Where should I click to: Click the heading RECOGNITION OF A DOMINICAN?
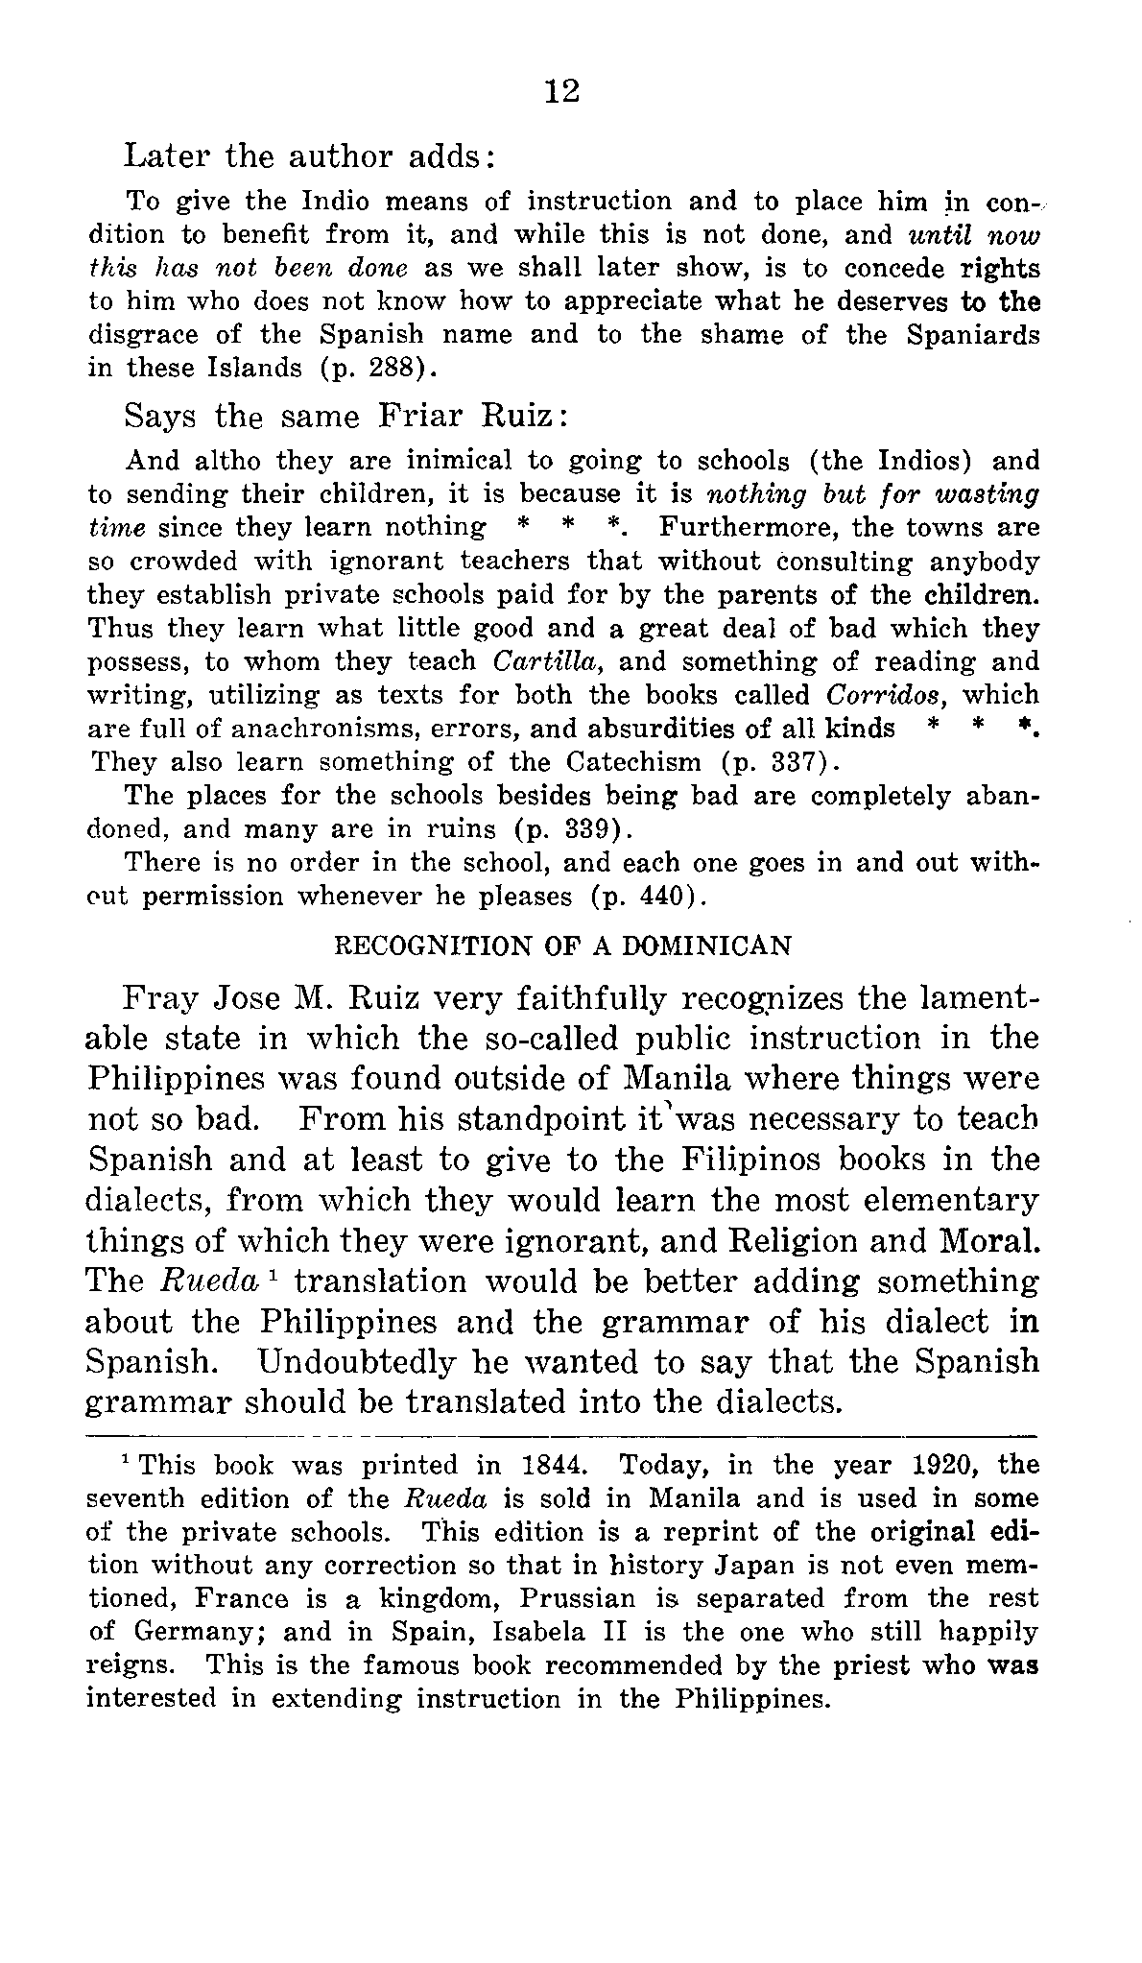561,946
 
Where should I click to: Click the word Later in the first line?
166,156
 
